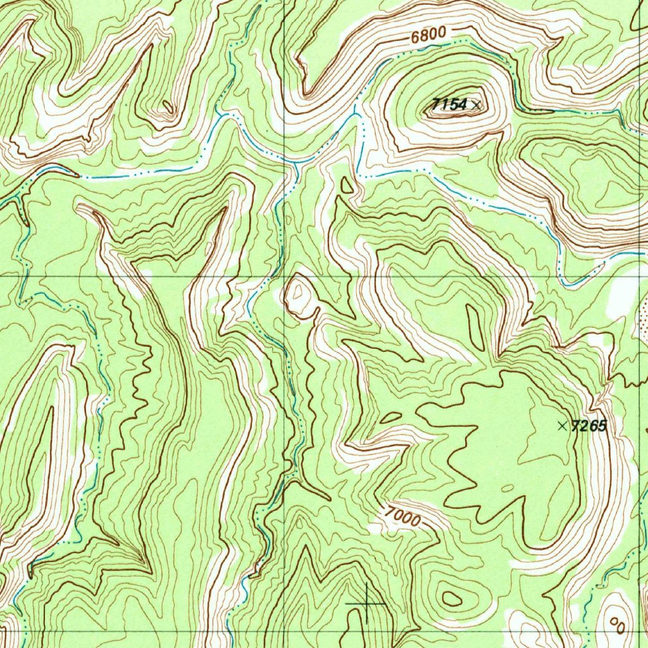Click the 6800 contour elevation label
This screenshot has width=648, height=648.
tap(428, 36)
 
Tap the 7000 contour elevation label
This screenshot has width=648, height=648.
tap(403, 518)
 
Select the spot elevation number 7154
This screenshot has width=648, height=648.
tap(449, 104)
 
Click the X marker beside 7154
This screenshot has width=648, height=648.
tap(477, 104)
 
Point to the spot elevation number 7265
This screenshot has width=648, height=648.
tap(589, 426)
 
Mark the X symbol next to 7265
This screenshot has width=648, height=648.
tap(562, 426)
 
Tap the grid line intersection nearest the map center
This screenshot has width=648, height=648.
tap(284, 277)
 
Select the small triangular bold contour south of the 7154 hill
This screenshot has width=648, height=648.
tap(347, 185)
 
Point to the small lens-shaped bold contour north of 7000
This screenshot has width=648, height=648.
tap(392, 417)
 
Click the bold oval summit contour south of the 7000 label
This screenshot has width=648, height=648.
tap(452, 597)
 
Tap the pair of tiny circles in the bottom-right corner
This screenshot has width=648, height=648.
tap(615, 623)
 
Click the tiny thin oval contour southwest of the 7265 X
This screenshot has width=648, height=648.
tap(507, 488)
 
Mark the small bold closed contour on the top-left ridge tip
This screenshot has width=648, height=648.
tap(167, 106)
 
